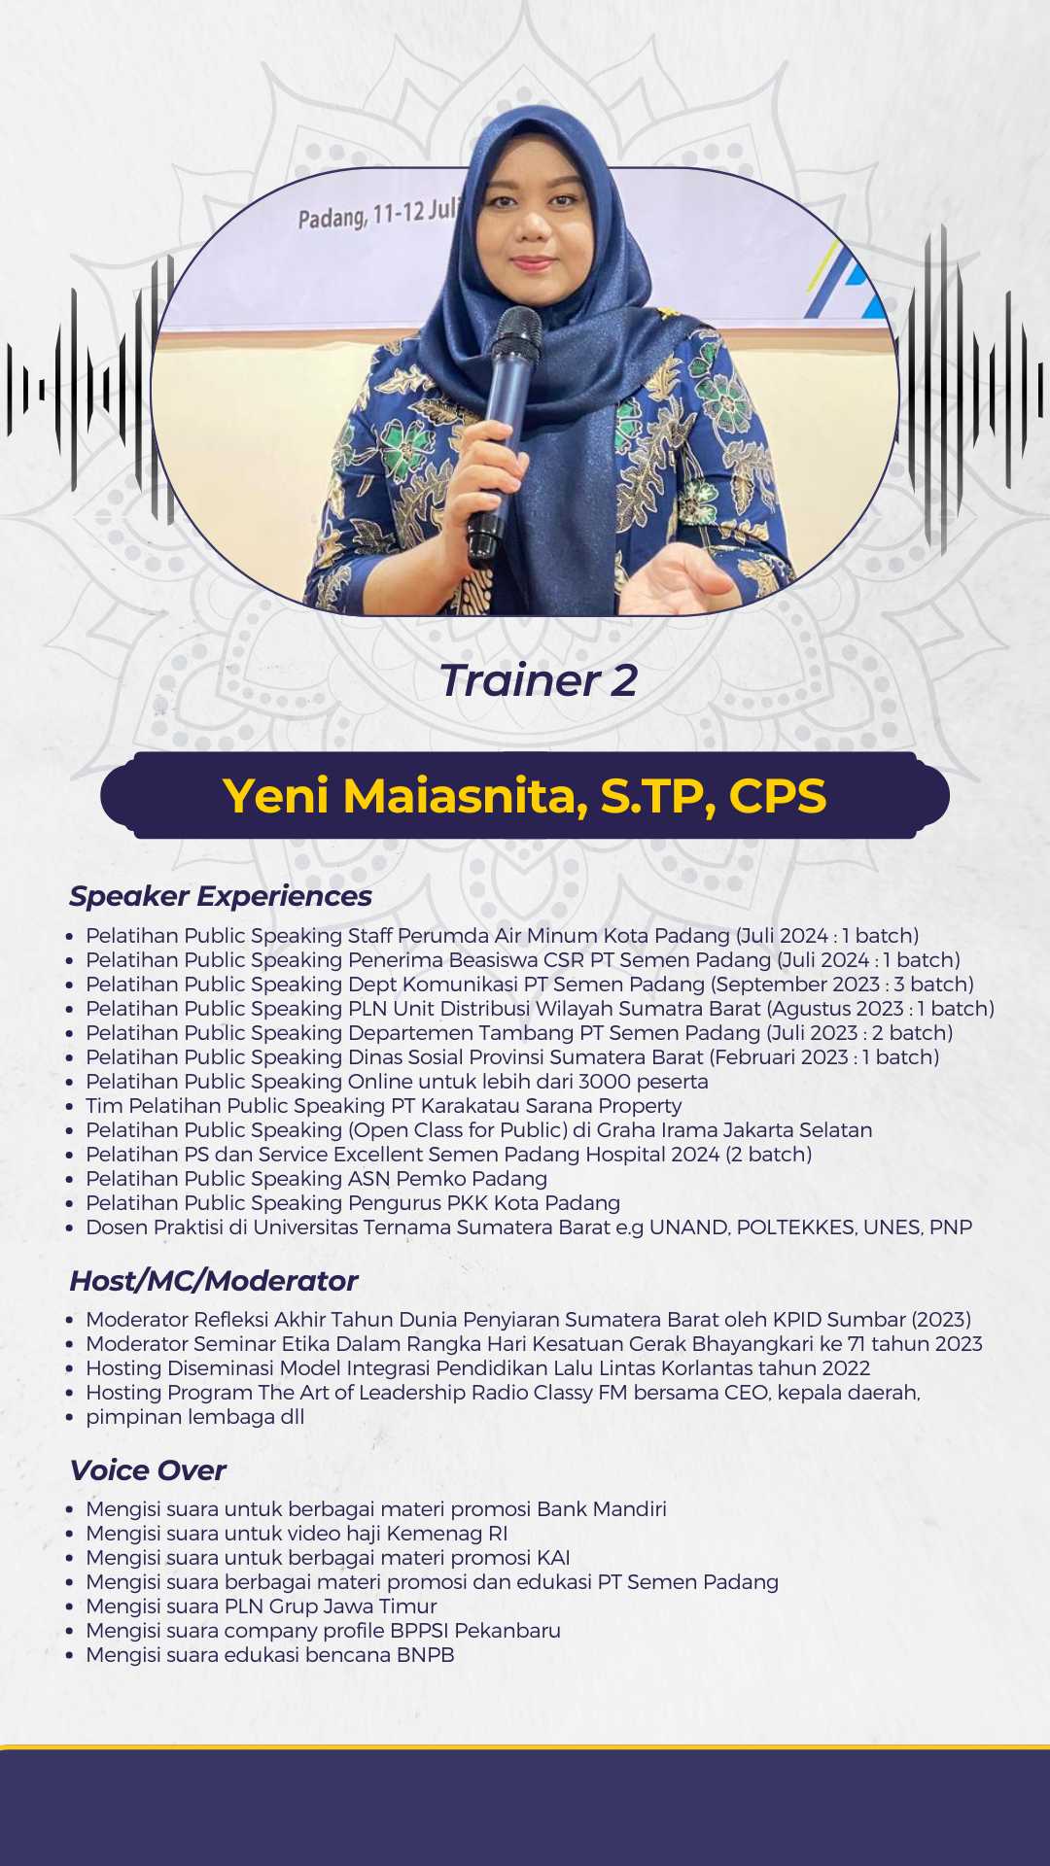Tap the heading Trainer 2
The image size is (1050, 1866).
pos(538,680)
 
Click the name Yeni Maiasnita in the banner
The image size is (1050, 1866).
pos(404,796)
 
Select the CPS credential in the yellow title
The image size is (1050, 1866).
pos(778,795)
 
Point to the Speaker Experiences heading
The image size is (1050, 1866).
pos(221,896)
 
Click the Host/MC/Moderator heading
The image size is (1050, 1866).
pos(214,1281)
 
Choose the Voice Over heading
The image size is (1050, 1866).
pos(148,1470)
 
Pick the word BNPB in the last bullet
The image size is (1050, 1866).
pos(426,1655)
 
